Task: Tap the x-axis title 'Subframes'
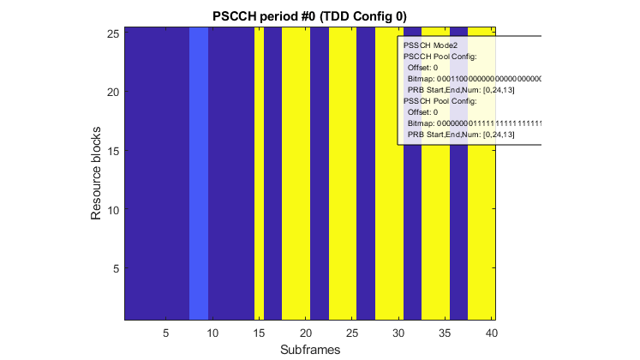[309, 351]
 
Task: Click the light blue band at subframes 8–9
[199, 172]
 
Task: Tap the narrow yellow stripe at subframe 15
[259, 172]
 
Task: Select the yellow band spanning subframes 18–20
[296, 172]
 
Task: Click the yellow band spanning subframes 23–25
[342, 172]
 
